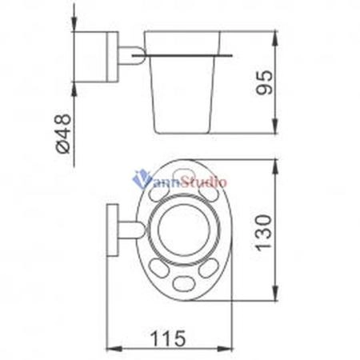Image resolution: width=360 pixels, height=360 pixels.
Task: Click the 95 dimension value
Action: (x=265, y=82)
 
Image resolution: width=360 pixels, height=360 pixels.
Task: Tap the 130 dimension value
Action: (x=264, y=233)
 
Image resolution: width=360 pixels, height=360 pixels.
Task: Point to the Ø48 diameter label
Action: (x=64, y=134)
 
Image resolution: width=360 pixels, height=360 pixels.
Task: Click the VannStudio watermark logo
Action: (x=180, y=180)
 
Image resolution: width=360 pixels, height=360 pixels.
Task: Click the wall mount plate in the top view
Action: (x=113, y=230)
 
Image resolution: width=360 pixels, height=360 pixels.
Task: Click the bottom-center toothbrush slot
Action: (x=183, y=284)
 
